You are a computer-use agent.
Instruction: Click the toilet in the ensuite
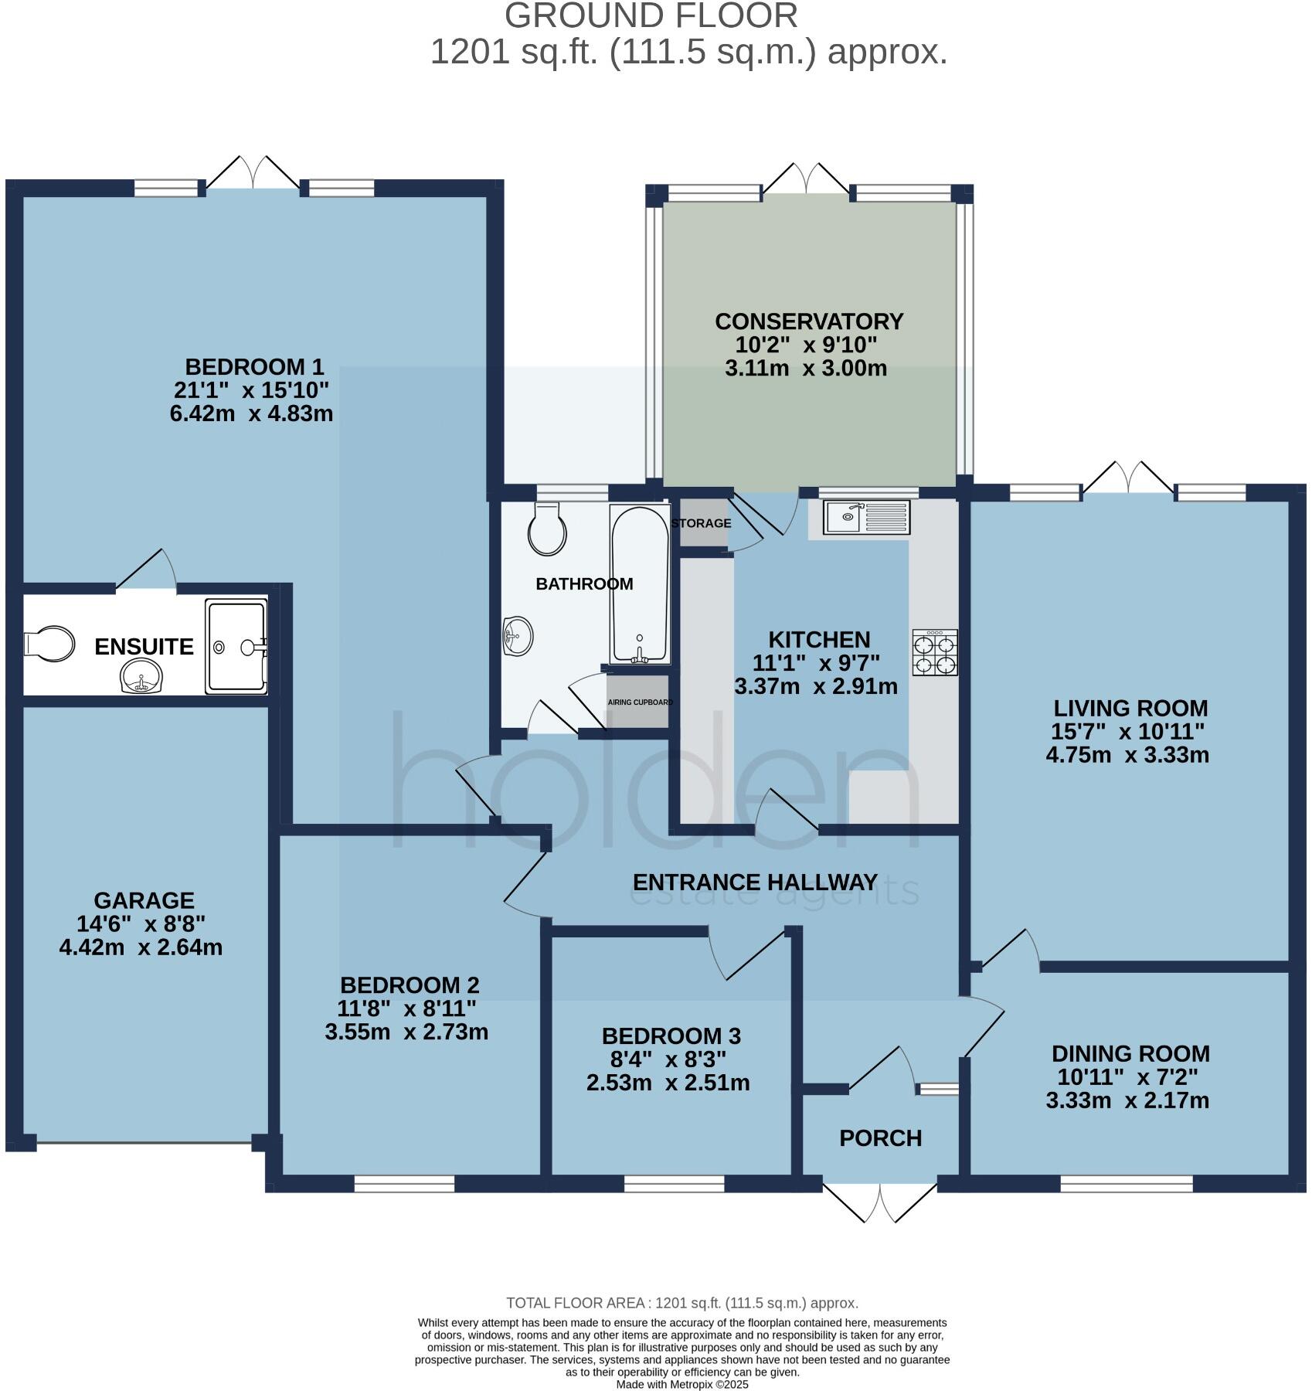(x=49, y=644)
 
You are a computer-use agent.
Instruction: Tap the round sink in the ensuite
(x=142, y=678)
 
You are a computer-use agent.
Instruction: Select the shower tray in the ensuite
(x=236, y=647)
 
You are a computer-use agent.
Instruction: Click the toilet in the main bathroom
(x=548, y=529)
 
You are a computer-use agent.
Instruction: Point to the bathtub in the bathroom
(x=639, y=584)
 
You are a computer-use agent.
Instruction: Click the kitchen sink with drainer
(x=867, y=517)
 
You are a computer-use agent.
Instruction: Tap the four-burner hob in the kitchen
(x=935, y=653)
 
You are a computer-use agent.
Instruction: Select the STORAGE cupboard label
(x=701, y=523)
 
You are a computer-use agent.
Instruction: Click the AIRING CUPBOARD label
(x=641, y=702)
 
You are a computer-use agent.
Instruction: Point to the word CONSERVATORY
(x=809, y=321)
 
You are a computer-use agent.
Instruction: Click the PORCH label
(x=881, y=1138)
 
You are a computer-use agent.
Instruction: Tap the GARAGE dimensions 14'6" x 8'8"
(x=141, y=923)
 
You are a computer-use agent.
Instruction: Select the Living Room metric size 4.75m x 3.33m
(x=1127, y=755)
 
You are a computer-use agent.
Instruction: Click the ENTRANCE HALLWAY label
(x=755, y=883)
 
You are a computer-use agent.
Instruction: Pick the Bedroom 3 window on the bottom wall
(x=675, y=1183)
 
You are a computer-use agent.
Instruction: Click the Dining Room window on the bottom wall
(x=1127, y=1183)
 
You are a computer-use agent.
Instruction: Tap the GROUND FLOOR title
(x=651, y=16)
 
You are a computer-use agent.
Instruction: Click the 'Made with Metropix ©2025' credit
(x=682, y=1385)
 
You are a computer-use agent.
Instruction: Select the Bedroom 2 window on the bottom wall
(x=404, y=1183)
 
